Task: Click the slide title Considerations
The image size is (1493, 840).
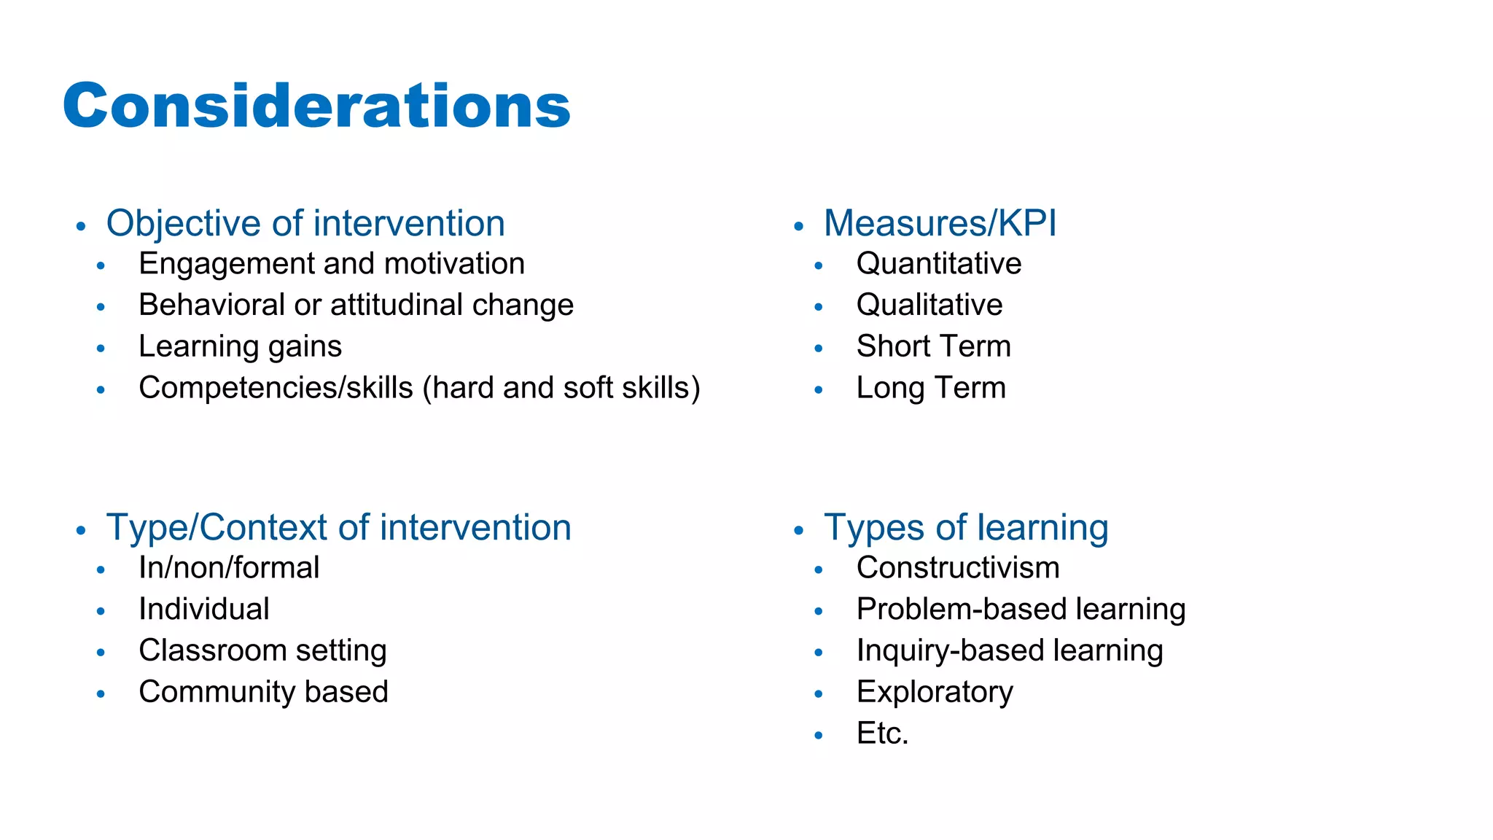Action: click(x=316, y=106)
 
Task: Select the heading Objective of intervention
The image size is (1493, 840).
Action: click(x=305, y=223)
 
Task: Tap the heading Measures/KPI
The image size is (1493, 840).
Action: click(x=940, y=223)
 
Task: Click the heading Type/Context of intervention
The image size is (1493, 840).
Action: click(x=338, y=527)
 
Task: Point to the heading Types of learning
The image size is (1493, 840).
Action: click(x=965, y=527)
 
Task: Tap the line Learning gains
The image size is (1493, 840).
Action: click(x=240, y=346)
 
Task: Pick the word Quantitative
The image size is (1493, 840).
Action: click(x=938, y=264)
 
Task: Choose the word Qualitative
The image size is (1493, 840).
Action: click(x=929, y=305)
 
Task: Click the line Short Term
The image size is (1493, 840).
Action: click(x=933, y=346)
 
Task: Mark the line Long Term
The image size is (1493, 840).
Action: click(x=930, y=388)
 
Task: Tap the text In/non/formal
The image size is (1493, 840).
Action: click(x=229, y=568)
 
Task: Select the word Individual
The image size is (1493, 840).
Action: click(x=203, y=609)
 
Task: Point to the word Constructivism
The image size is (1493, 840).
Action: click(x=957, y=568)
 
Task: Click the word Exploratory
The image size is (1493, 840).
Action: click(x=934, y=692)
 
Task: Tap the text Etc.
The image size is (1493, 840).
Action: click(x=882, y=734)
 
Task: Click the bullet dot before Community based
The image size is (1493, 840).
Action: click(x=101, y=693)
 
